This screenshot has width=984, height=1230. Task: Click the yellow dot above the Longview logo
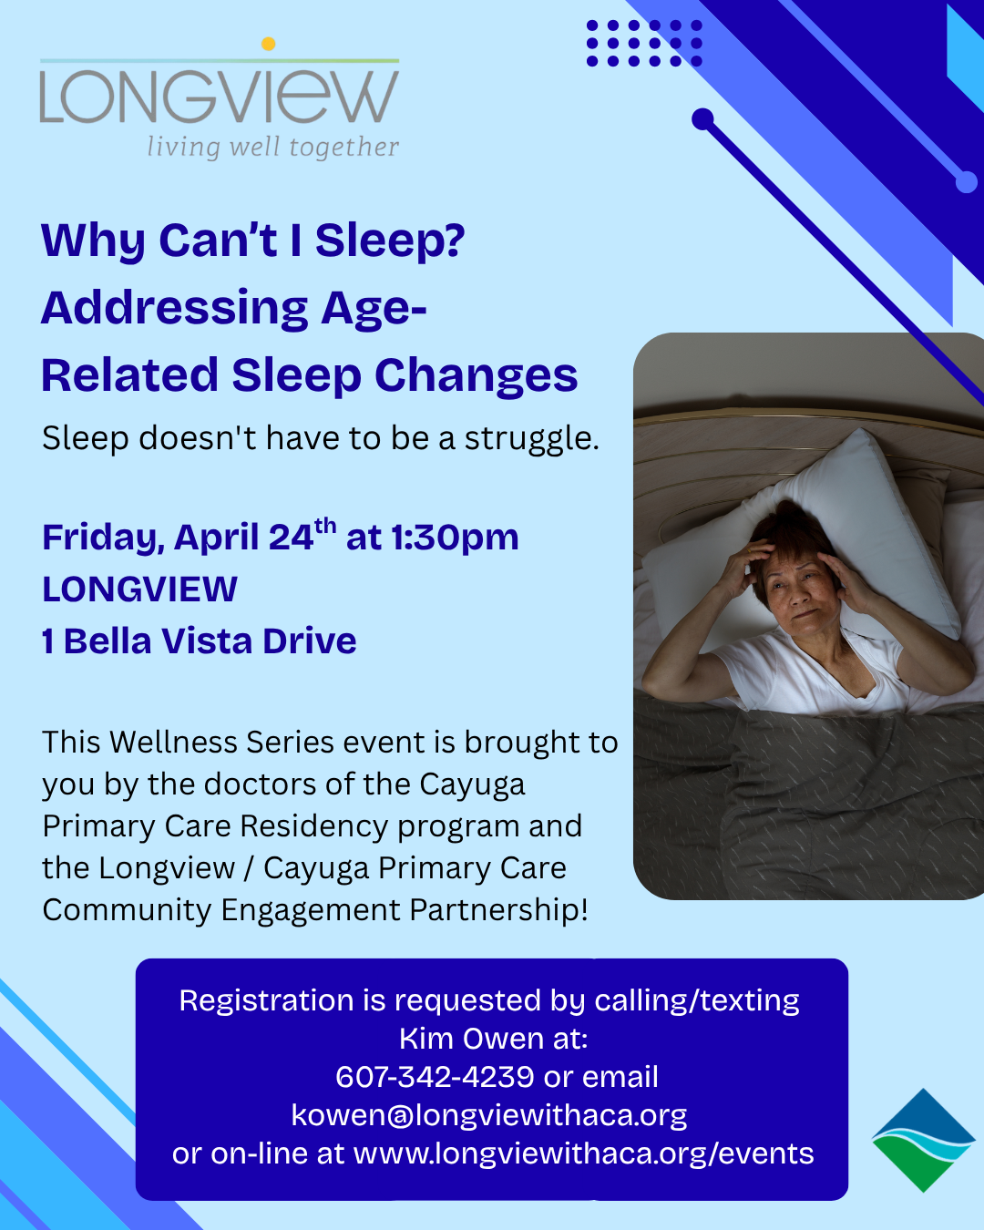pyautogui.click(x=268, y=44)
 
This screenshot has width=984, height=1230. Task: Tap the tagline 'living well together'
pyautogui.click(x=272, y=148)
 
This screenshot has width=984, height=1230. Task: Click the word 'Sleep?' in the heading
pyautogui.click(x=391, y=241)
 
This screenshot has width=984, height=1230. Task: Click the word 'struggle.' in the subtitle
pyautogui.click(x=532, y=439)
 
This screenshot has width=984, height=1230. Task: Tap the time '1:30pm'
pyautogui.click(x=456, y=538)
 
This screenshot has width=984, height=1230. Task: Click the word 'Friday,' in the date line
pyautogui.click(x=104, y=538)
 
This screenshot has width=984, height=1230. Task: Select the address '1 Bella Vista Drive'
pyautogui.click(x=200, y=641)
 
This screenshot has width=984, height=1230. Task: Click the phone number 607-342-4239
pyautogui.click(x=435, y=1077)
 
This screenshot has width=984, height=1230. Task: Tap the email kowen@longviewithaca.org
pyautogui.click(x=489, y=1115)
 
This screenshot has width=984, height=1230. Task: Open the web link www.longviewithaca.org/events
pyautogui.click(x=584, y=1153)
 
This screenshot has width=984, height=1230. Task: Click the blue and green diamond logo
pyautogui.click(x=923, y=1141)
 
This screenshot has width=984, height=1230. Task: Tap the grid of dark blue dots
pyautogui.click(x=644, y=44)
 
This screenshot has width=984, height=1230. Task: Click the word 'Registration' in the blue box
pyautogui.click(x=266, y=1000)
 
